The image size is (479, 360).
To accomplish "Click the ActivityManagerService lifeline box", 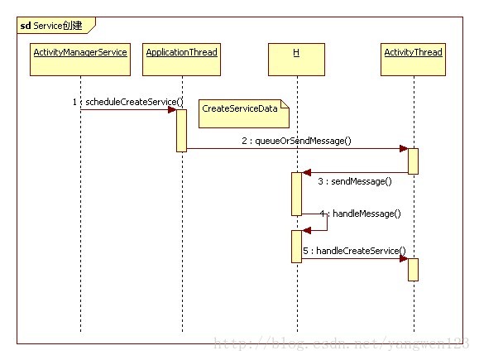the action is [80, 60].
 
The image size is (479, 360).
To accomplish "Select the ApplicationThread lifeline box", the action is [181, 60].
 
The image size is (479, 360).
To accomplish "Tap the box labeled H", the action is [296, 60].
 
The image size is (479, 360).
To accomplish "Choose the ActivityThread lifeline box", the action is [413, 60].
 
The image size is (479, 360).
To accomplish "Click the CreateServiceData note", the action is [244, 113].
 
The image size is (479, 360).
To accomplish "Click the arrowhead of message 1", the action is [172, 110].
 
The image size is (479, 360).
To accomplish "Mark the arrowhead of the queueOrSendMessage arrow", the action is [404, 149].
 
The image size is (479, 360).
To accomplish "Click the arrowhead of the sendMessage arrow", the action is [307, 173].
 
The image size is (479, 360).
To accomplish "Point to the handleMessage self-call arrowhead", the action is [307, 230].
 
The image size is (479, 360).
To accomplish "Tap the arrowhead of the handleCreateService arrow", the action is [404, 259].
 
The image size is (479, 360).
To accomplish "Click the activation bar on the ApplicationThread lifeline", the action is [181, 131].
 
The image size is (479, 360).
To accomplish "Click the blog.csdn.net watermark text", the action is [341, 343].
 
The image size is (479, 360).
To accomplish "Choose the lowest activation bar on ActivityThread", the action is [413, 270].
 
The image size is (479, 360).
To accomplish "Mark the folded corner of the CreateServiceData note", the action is [285, 104].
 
